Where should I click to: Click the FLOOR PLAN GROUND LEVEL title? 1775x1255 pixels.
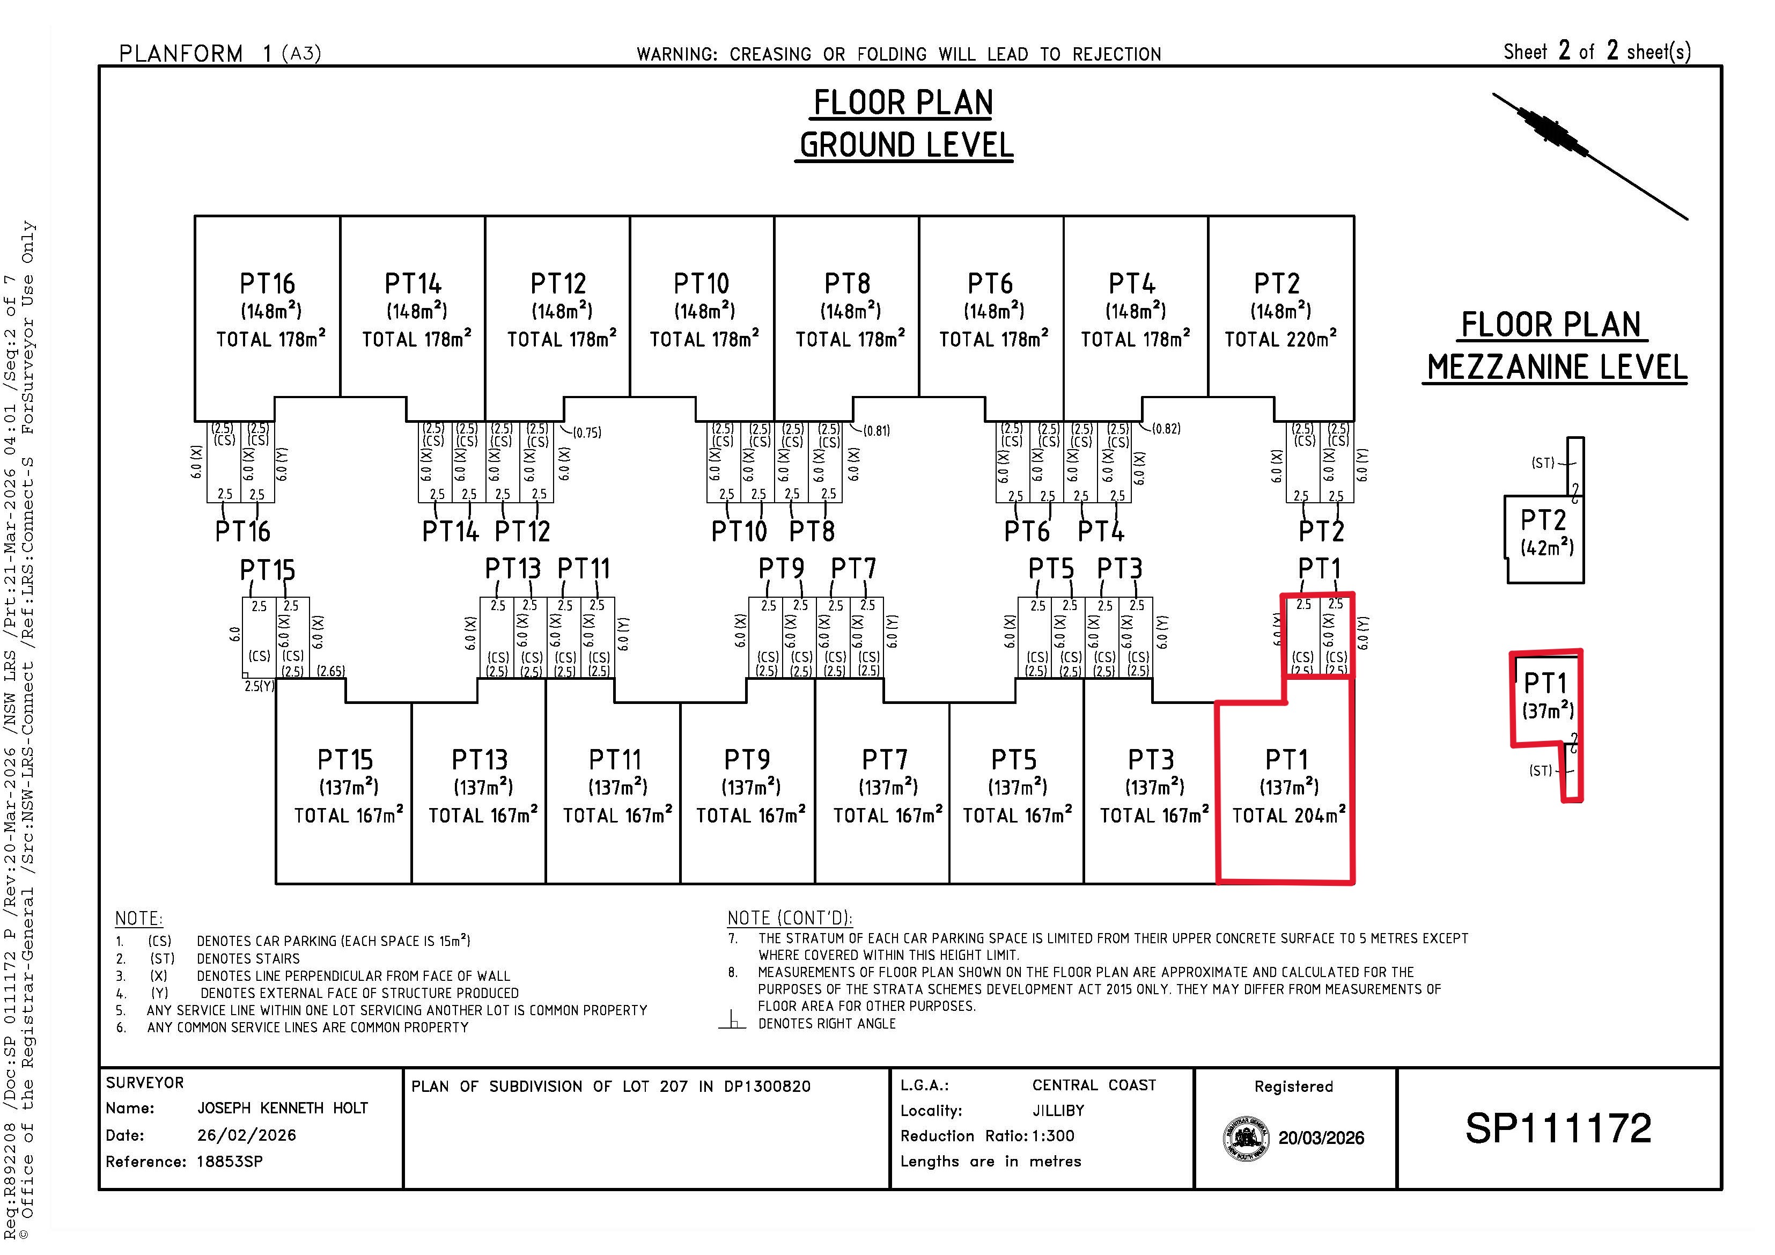point(904,124)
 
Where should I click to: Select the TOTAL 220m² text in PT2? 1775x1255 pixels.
point(1281,339)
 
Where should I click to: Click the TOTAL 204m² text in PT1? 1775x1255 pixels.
point(1288,815)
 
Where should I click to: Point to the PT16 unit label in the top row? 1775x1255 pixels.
point(268,284)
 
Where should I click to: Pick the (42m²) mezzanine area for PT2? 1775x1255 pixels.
point(1547,547)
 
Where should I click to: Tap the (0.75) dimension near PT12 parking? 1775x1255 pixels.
point(587,433)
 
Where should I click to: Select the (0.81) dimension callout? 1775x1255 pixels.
point(877,431)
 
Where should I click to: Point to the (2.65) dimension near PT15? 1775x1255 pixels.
point(331,671)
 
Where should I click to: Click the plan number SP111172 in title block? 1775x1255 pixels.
point(1558,1128)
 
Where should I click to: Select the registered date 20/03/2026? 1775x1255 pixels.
point(1321,1138)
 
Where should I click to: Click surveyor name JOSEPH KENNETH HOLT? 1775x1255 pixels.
point(283,1108)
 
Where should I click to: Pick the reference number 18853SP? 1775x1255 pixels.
point(230,1162)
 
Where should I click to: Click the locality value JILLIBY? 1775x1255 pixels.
point(1058,1111)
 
